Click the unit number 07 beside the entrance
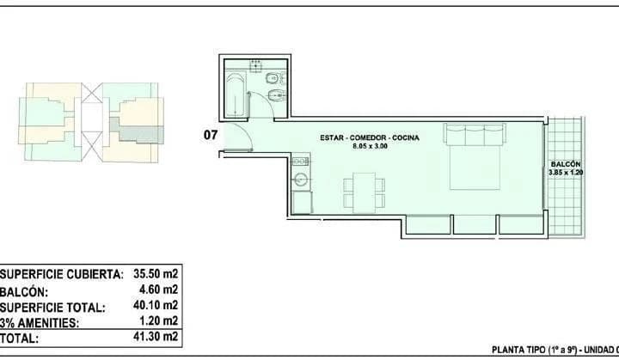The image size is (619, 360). coord(210,134)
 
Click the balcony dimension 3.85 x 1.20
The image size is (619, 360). coord(565,173)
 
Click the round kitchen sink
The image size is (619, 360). coord(302,179)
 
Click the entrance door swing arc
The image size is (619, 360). coord(242,137)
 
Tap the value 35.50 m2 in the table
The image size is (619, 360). coord(156,274)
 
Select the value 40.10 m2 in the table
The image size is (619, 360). coord(156,305)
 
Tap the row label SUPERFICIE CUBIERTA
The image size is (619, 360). coord(59,274)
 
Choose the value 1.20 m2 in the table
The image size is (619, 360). coord(159,321)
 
